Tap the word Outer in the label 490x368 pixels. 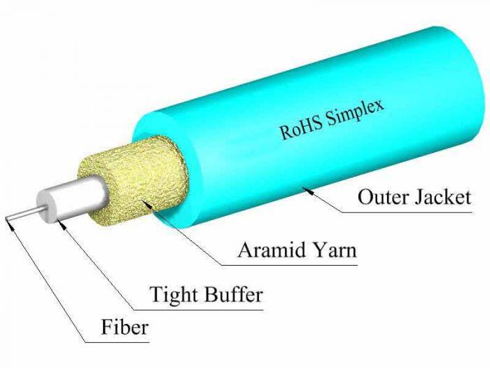pyautogui.click(x=384, y=197)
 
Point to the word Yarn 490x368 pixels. pyautogui.click(x=335, y=250)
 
